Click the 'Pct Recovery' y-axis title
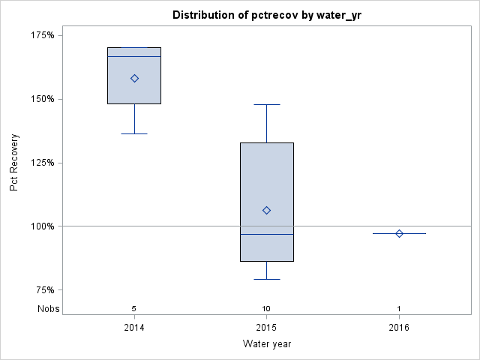[14, 163]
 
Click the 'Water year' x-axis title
[266, 344]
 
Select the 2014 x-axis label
[134, 328]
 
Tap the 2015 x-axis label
[266, 328]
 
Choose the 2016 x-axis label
[399, 328]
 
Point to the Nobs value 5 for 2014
[134, 308]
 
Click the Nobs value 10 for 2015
[266, 308]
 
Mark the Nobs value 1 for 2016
[399, 308]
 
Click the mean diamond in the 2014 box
[134, 78]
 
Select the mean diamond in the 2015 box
[266, 210]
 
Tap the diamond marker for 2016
[399, 233]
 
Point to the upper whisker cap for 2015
[266, 104]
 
